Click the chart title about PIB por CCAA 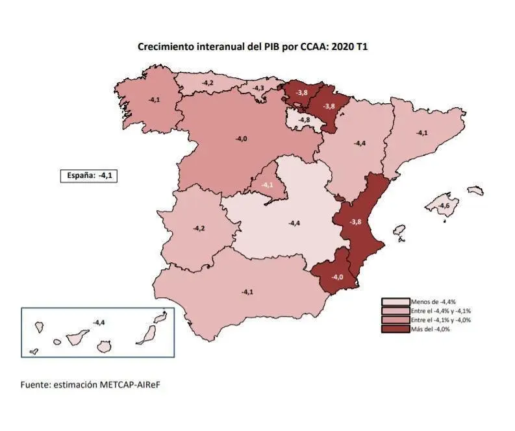click(x=253, y=47)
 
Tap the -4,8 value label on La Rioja click(x=304, y=120)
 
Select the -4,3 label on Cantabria click(x=258, y=88)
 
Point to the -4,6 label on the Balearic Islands click(x=444, y=206)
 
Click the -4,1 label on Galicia click(x=155, y=100)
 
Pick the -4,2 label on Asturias click(x=208, y=83)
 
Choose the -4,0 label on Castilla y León click(x=240, y=138)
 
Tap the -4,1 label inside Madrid click(x=267, y=185)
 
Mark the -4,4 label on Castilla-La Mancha click(x=294, y=223)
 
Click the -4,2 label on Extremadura click(x=199, y=228)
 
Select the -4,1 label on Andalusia click(x=247, y=292)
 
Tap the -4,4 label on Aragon click(x=359, y=143)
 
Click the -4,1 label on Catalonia click(x=422, y=133)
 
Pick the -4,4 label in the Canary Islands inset click(x=99, y=322)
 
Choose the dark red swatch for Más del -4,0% click(x=395, y=329)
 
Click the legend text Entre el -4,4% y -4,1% click(x=440, y=311)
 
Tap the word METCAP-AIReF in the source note click(x=130, y=384)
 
